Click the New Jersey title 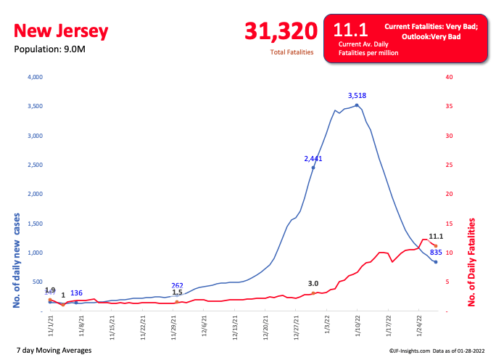[x=61, y=31]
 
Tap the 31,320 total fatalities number [x=281, y=31]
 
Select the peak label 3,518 [x=357, y=95]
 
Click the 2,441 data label [x=313, y=158]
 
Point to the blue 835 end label [x=437, y=253]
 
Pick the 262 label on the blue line [x=178, y=285]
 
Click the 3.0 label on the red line [x=313, y=284]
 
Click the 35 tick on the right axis [x=449, y=107]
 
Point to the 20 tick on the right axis [x=449, y=195]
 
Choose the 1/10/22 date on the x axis [x=355, y=327]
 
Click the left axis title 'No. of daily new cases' [x=15, y=261]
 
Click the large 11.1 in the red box [x=347, y=30]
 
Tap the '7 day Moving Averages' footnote [x=53, y=351]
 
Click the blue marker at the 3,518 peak [x=357, y=105]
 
